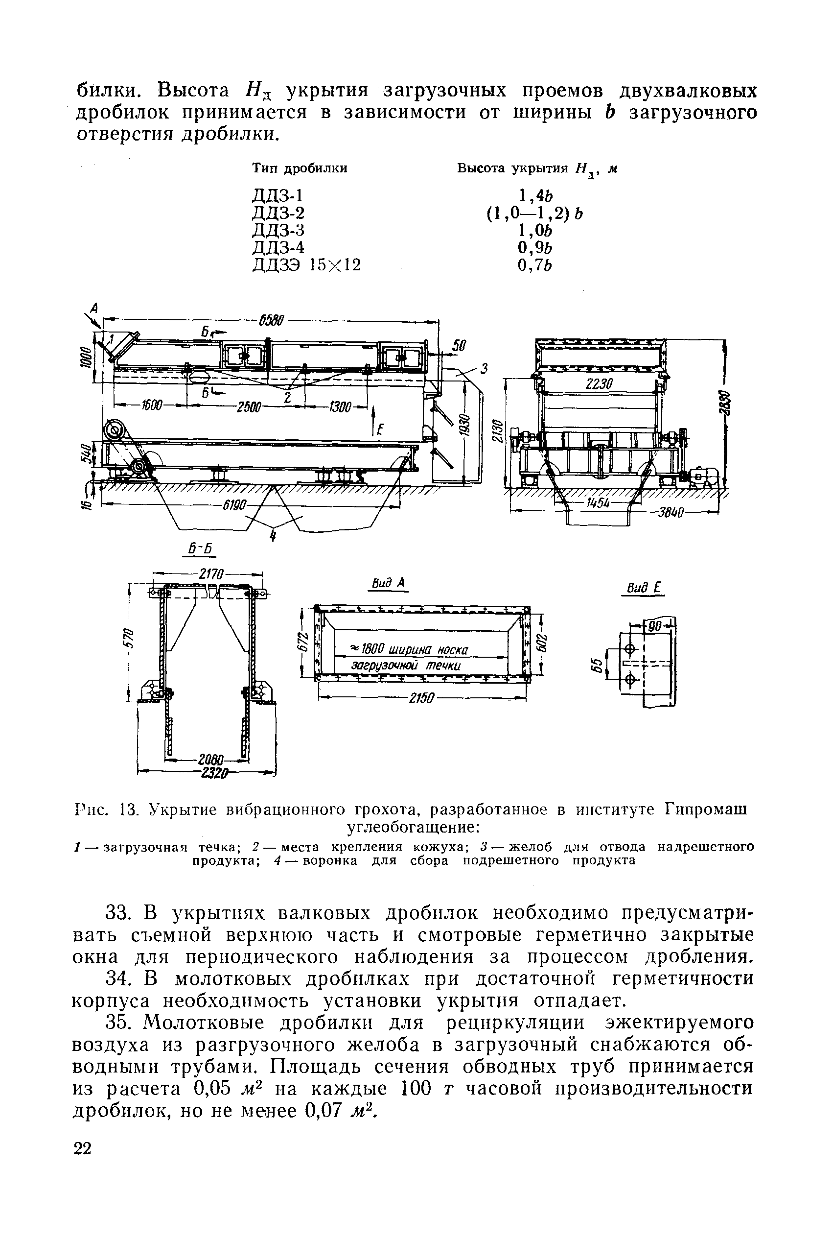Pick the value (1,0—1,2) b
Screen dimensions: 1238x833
[x=534, y=213]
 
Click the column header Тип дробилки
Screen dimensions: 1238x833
[x=299, y=168]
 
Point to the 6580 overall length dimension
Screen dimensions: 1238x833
[x=272, y=321]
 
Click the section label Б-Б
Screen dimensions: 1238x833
[x=200, y=548]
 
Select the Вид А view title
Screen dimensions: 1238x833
[x=388, y=584]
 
